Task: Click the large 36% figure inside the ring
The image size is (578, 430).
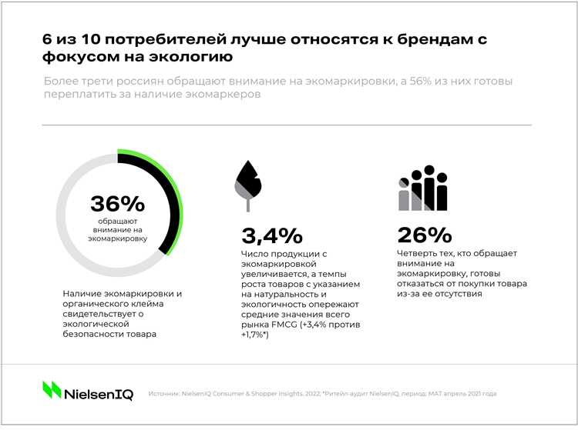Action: click(117, 204)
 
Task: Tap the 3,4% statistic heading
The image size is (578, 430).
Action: click(272, 235)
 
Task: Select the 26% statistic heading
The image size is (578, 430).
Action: click(425, 235)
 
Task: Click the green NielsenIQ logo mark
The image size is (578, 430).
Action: click(52, 390)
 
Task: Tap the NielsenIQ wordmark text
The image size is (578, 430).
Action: click(99, 393)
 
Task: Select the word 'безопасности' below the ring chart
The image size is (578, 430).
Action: click(92, 335)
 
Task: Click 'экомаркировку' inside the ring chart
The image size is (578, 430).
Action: click(118, 239)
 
